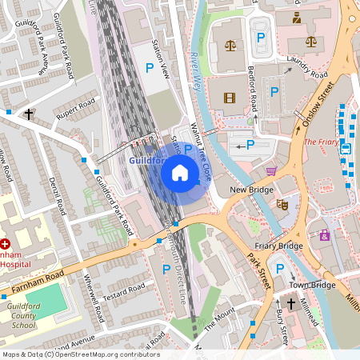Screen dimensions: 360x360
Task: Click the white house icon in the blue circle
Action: pyautogui.click(x=180, y=172)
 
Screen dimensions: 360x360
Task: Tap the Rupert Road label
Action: pyautogui.click(x=76, y=110)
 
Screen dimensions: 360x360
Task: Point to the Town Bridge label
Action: pyautogui.click(x=311, y=285)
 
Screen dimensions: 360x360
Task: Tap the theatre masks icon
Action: pyautogui.click(x=282, y=205)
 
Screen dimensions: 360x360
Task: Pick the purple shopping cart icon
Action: pyautogui.click(x=271, y=171)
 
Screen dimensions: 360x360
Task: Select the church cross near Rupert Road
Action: pyautogui.click(x=29, y=114)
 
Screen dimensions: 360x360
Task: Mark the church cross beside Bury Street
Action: pyautogui.click(x=292, y=304)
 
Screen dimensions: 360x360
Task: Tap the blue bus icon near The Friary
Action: pyautogui.click(x=346, y=148)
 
